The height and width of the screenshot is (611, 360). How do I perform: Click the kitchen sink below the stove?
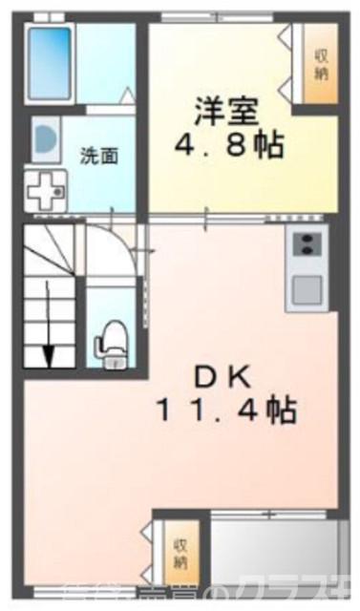pyautogui.click(x=307, y=287)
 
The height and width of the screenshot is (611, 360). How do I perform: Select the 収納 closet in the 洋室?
pyautogui.click(x=319, y=65)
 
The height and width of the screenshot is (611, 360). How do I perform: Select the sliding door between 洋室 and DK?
pyautogui.click(x=229, y=219)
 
